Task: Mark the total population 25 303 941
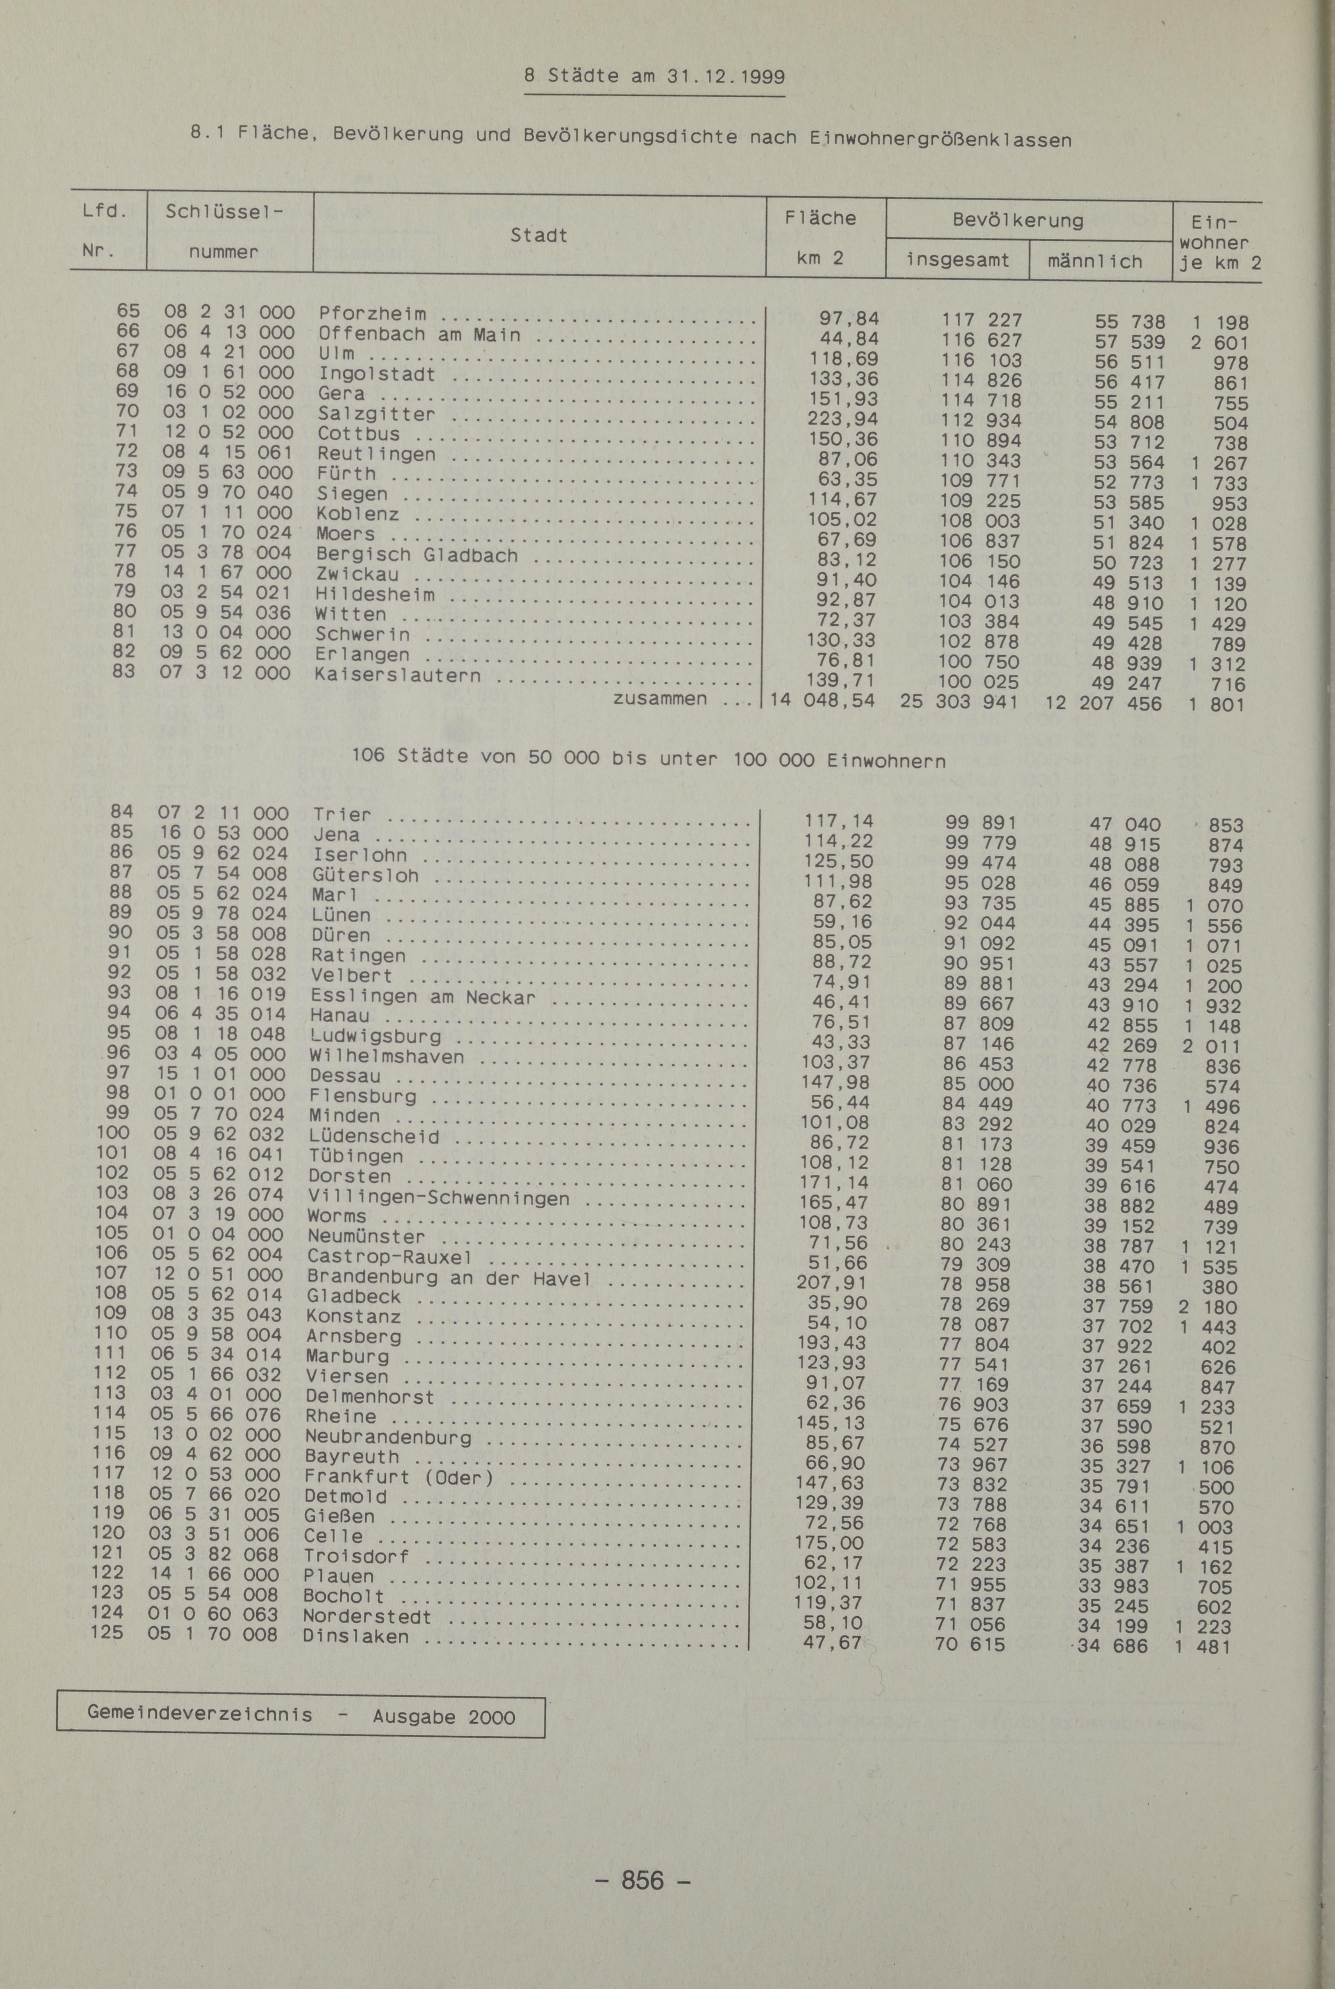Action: click(958, 703)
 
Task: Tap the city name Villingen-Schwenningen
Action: click(438, 1198)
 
